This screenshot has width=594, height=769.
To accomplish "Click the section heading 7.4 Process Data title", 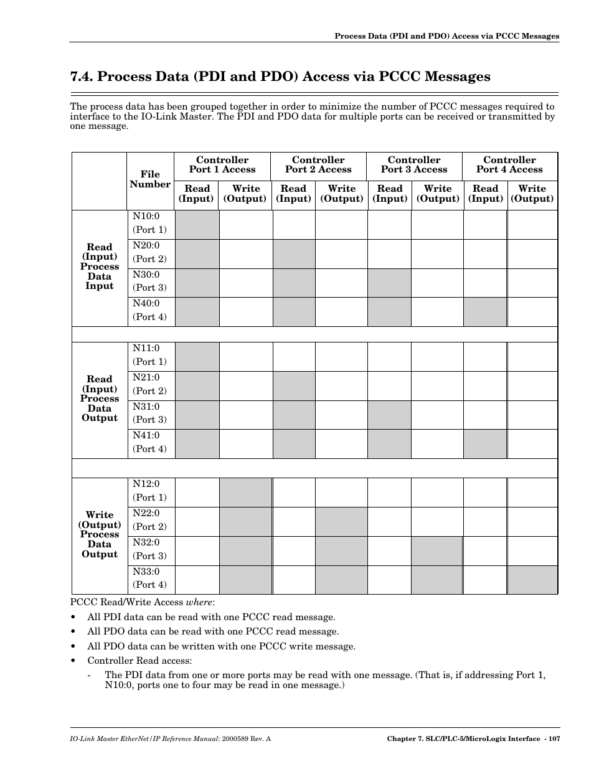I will point(280,77).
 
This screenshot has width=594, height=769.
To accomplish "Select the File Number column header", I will point(150,179).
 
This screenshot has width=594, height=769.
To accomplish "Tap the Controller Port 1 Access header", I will point(222,165).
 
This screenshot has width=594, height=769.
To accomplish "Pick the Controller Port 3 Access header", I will point(414,165).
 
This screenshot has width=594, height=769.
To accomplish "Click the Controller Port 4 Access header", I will point(509,165).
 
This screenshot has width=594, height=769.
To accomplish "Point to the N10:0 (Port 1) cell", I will point(149,223).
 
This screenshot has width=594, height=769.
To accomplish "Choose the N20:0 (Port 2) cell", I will point(149,252).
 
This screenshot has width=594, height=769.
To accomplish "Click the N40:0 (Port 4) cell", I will point(149,310).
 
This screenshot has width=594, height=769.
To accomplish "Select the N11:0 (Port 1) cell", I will point(149,355).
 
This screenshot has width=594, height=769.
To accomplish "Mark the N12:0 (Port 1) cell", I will point(149,491).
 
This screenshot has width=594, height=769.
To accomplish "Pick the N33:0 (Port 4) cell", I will point(149,578).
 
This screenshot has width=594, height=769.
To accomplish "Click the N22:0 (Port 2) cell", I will point(149,520).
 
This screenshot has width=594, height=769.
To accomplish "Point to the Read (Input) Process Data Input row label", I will point(100,267).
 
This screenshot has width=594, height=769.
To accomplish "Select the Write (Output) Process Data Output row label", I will point(100,534).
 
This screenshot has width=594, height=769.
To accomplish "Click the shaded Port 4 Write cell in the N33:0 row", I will point(532,579).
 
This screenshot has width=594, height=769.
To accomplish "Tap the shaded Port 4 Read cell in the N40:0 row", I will point(484,311).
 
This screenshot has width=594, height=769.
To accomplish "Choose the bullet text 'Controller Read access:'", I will point(139,661).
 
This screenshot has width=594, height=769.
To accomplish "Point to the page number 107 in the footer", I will point(550,739).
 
